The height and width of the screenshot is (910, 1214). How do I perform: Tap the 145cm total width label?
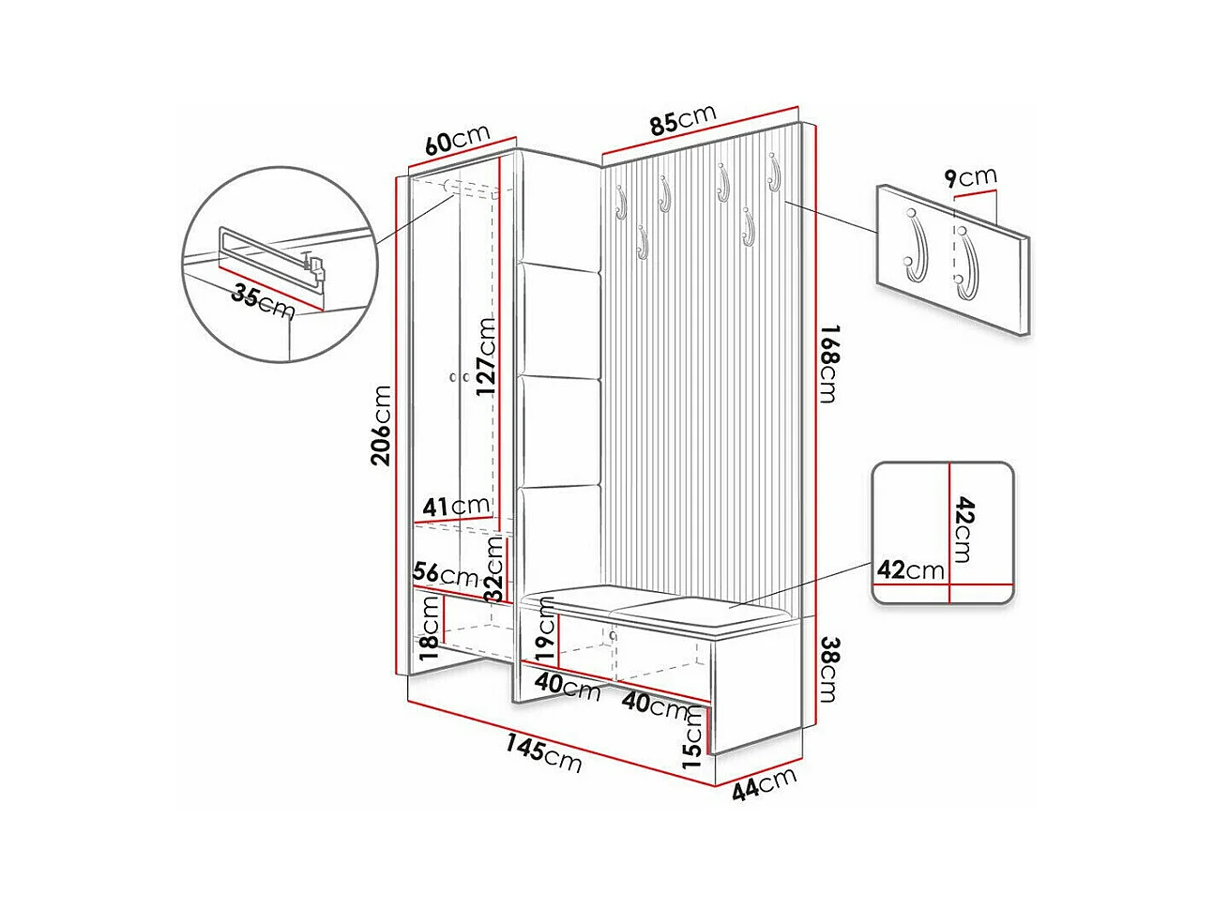(x=544, y=752)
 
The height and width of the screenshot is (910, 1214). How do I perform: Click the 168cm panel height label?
(x=827, y=363)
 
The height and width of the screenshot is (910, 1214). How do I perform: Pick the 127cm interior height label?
(x=485, y=357)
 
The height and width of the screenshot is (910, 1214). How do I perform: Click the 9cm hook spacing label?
(x=971, y=176)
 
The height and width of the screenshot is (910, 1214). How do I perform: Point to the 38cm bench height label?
(x=827, y=670)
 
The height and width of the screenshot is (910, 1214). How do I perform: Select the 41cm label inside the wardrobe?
(x=454, y=507)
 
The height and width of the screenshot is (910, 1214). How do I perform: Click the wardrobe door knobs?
(x=458, y=377)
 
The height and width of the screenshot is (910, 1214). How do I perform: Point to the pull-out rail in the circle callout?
(x=272, y=258)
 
